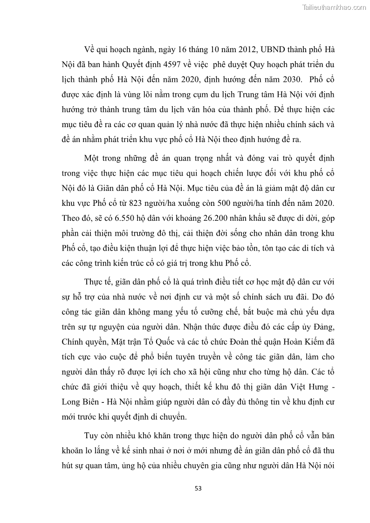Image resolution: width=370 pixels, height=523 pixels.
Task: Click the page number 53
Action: pyautogui.click(x=198, y=489)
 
